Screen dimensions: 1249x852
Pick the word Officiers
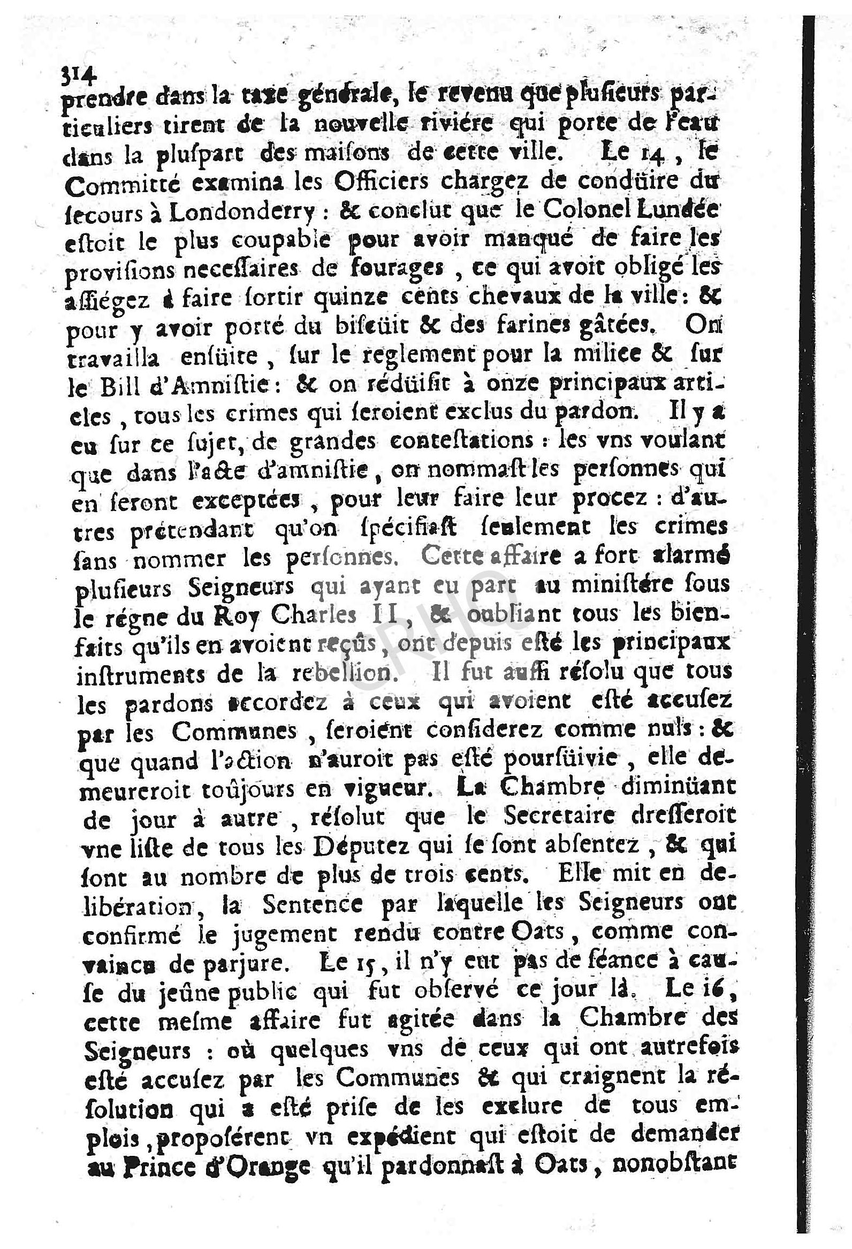pos(375,183)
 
